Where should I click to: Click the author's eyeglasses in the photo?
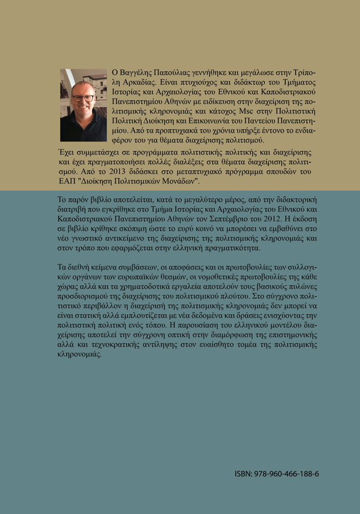tap(82, 98)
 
